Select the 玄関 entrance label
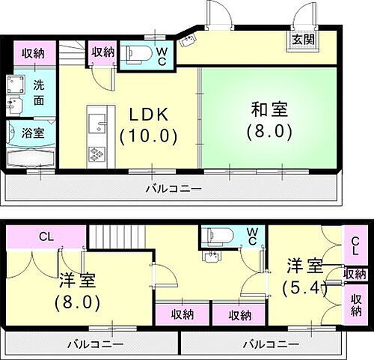point(303,38)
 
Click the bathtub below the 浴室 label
point(30,158)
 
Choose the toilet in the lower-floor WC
point(218,239)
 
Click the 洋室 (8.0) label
point(77,293)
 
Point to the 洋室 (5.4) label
point(304,276)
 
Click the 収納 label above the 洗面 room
point(32,52)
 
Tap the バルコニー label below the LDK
point(173,189)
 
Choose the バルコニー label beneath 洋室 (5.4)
point(266,344)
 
